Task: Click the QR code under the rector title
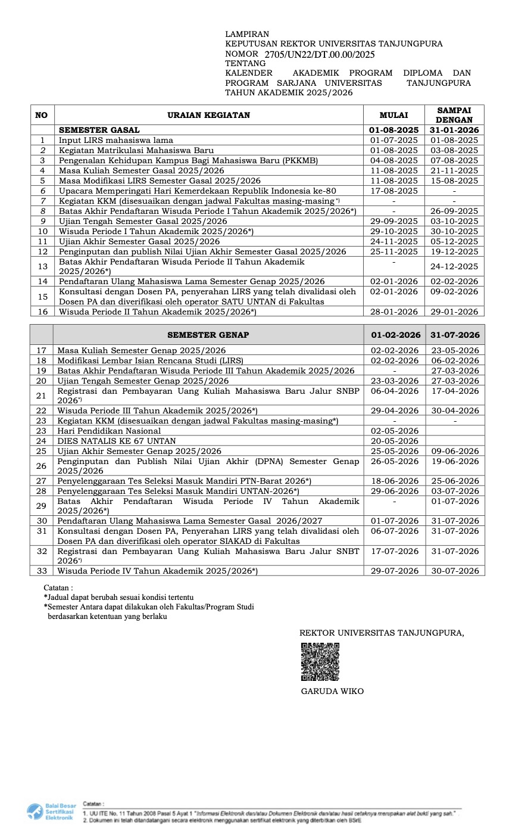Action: pos(320,662)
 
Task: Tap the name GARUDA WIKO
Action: pos(332,692)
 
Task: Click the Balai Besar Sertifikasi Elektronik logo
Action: pos(50,812)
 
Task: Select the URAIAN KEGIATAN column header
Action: pos(209,115)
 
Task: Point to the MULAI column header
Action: pos(393,115)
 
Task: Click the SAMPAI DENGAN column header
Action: pos(454,115)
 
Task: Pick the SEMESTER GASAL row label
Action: pos(99,130)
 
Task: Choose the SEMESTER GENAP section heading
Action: pos(208,335)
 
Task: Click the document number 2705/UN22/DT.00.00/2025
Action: pos(320,54)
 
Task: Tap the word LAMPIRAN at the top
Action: pos(247,35)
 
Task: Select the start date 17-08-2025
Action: pos(393,191)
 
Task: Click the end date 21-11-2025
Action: pos(454,170)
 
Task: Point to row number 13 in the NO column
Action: pos(42,266)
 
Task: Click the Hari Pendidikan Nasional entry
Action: pos(109,431)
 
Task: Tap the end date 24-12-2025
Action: pos(454,266)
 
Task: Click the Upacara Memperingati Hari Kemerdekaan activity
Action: pos(197,191)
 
